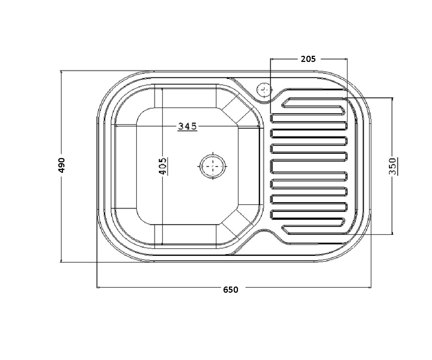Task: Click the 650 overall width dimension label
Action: pyautogui.click(x=231, y=290)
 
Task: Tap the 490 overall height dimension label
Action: pyautogui.click(x=62, y=165)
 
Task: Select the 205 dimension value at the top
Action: pyautogui.click(x=308, y=59)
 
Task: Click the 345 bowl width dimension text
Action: pyautogui.click(x=188, y=126)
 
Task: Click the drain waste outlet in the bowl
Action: pyautogui.click(x=213, y=166)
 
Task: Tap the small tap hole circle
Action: pyautogui.click(x=263, y=90)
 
